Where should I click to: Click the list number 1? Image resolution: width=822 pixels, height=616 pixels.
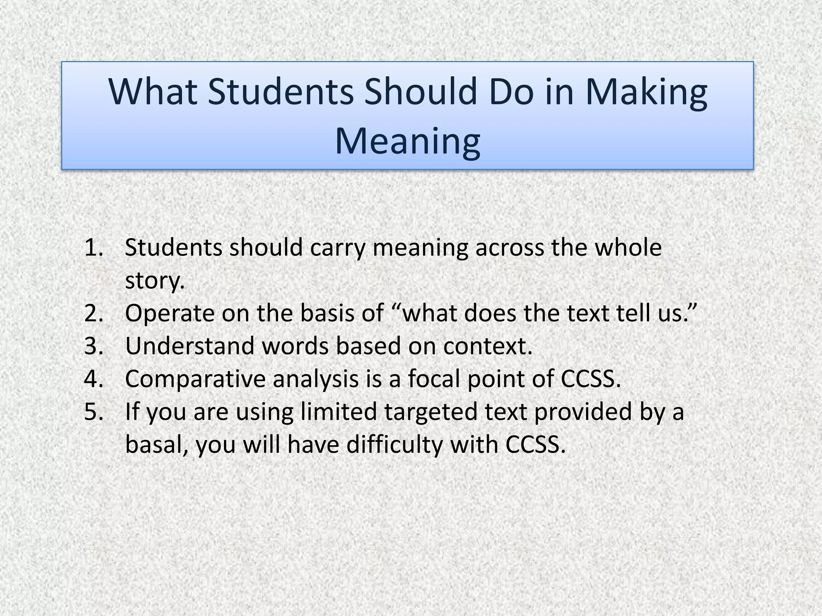(94, 247)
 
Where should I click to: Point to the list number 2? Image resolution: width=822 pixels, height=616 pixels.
(94, 313)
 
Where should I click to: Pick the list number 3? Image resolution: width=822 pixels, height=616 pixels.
(94, 346)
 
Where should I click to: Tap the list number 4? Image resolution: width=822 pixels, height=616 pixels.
(94, 379)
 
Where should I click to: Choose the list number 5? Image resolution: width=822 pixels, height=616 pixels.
(94, 411)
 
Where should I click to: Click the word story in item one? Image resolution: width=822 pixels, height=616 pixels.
(155, 280)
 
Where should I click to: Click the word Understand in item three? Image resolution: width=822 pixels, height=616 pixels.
(189, 346)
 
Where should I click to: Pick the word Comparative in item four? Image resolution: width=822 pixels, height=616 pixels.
(195, 379)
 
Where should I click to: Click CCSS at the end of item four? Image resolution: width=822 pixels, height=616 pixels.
(590, 379)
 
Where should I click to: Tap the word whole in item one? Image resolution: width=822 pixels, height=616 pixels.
(628, 247)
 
